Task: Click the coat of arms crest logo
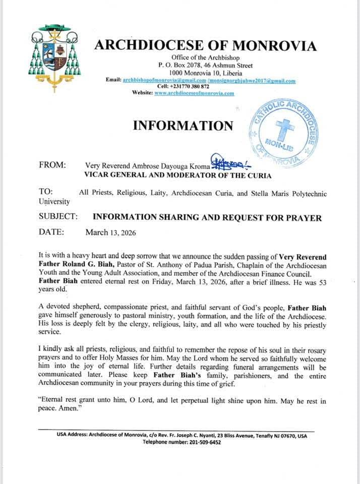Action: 55,57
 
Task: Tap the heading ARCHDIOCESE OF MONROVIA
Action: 205,46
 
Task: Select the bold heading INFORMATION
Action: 183,126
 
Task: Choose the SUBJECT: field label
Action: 58,217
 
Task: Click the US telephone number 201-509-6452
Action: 204,442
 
